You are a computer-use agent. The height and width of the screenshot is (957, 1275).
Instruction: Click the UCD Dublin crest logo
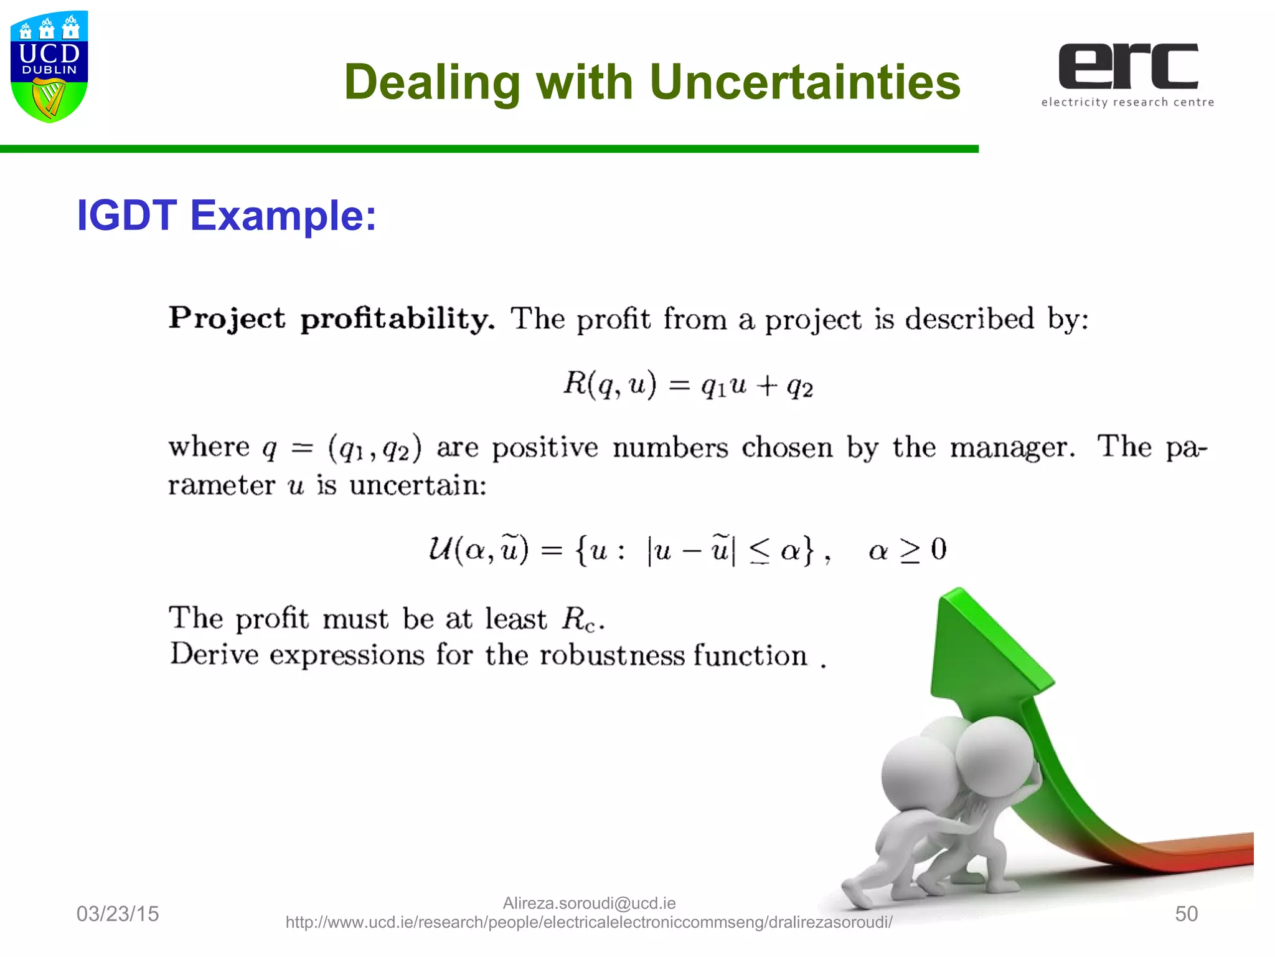(x=49, y=67)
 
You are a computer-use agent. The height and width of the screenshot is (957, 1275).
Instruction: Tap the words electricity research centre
(x=1127, y=102)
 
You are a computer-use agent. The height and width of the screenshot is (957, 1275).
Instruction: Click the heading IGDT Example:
(x=226, y=216)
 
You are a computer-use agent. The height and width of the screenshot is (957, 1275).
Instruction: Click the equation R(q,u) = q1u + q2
(x=688, y=384)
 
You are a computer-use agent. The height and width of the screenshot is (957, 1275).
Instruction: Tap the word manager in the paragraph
(x=1012, y=447)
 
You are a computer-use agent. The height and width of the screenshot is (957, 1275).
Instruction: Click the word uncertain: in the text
(x=418, y=485)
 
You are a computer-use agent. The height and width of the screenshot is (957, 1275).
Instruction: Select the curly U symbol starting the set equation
(x=440, y=549)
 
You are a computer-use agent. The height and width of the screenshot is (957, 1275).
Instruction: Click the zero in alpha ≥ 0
(x=938, y=550)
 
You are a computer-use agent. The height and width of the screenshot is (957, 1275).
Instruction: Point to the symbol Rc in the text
(x=579, y=619)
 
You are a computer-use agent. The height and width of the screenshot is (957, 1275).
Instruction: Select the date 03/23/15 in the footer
(x=118, y=914)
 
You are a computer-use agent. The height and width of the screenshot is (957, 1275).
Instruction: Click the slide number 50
(x=1186, y=914)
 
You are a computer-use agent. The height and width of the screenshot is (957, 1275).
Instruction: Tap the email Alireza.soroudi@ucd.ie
(x=589, y=903)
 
